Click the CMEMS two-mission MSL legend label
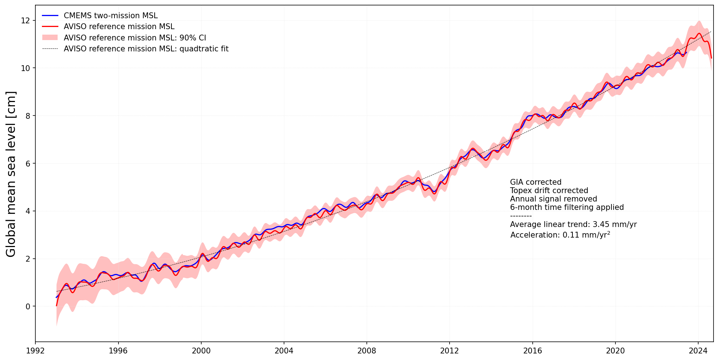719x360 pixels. (110, 16)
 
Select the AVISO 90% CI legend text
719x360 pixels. (135, 38)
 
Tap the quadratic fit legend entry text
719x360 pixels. (146, 49)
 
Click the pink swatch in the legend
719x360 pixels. (50, 38)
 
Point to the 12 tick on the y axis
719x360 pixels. (26, 21)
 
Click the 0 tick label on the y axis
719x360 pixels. (28, 306)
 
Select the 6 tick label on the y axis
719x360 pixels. (28, 164)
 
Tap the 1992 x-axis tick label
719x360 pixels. (35, 351)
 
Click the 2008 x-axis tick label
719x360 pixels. (366, 351)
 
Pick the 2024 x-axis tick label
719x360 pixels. (698, 351)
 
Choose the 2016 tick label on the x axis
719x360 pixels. (532, 351)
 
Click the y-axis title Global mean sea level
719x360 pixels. (11, 174)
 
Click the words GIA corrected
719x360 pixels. (535, 182)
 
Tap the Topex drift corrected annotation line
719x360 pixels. (549, 191)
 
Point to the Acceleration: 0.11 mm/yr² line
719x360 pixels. (560, 235)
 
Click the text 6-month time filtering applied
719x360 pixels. (567, 207)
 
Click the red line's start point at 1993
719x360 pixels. (57, 305)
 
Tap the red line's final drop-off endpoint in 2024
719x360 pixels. (711, 58)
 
